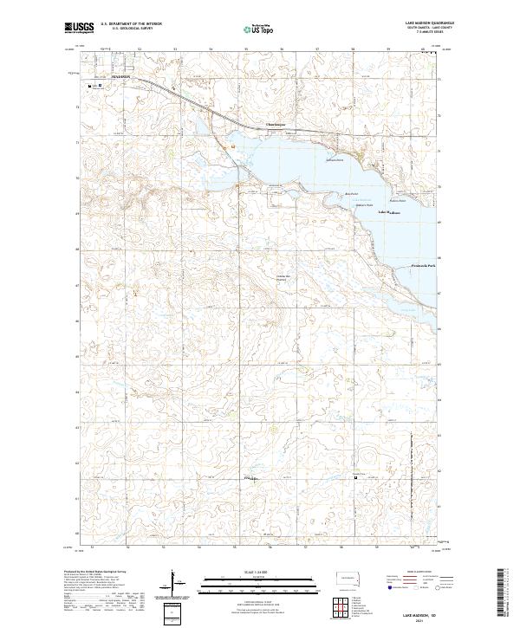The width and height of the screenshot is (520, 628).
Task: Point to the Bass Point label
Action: coord(351,193)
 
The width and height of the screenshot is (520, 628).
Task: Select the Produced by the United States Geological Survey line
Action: coord(96,573)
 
